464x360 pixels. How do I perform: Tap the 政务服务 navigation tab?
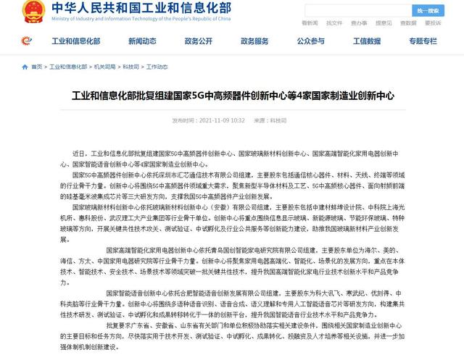[x=254, y=41]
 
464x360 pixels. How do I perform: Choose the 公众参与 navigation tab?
[x=310, y=41]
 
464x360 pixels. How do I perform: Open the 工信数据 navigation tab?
[x=367, y=41]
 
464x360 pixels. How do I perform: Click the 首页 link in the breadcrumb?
[x=36, y=67]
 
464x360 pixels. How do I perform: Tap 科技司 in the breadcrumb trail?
[x=133, y=67]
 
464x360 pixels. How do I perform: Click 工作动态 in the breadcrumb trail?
[x=157, y=67]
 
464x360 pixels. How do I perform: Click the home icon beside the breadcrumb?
[x=25, y=67]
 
